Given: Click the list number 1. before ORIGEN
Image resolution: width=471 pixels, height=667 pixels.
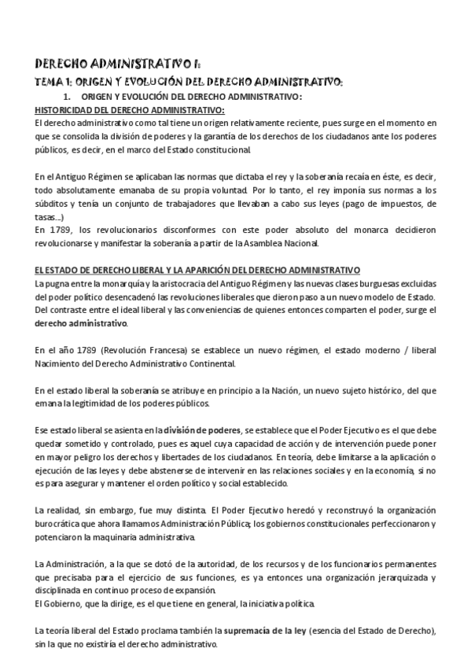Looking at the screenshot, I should pyautogui.click(x=90, y=96).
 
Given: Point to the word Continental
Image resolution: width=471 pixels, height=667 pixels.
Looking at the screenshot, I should pyautogui.click(x=207, y=364).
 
